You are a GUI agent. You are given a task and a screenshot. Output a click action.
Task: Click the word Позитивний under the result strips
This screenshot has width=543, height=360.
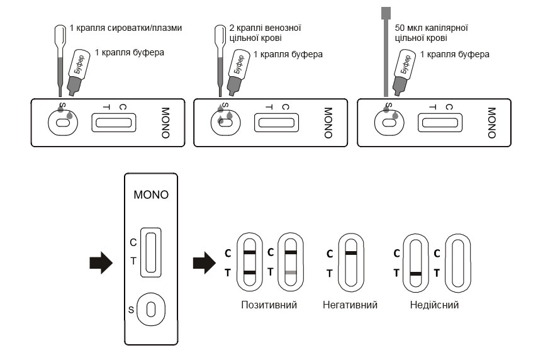tap(269, 305)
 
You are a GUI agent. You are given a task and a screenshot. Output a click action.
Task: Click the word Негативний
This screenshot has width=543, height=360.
tap(349, 305)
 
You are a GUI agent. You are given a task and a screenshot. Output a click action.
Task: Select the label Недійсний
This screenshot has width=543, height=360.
tap(434, 305)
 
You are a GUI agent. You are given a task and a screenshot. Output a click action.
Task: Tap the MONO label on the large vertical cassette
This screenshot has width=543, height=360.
tap(151, 194)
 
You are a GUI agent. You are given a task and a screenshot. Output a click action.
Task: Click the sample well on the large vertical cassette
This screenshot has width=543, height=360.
tap(151, 308)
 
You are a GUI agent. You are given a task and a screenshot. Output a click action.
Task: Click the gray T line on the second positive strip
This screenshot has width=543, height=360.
tap(289, 273)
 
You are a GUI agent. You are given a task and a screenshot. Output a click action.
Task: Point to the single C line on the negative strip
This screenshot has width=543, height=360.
tap(351, 253)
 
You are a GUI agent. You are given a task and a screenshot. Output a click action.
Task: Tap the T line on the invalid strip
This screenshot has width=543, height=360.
tap(415, 274)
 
